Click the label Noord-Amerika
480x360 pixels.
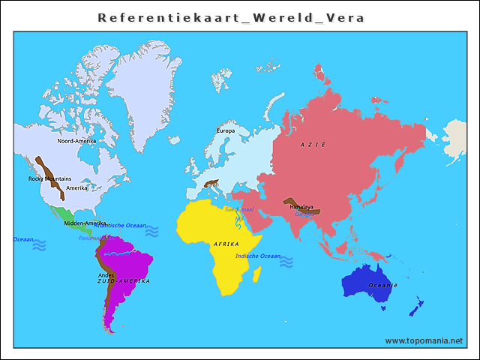tap(76, 140)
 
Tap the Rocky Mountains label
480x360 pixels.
tap(49, 178)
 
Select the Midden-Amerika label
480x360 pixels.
tap(85, 223)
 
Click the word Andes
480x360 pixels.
tap(106, 274)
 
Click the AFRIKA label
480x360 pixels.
tap(226, 244)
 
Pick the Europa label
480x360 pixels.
tap(226, 130)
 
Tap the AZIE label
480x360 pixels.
tap(313, 144)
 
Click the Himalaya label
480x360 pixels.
tap(301, 207)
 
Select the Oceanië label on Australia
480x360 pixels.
tap(382, 286)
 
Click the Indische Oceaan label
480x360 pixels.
tap(257, 256)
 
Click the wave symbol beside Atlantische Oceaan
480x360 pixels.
tap(152, 232)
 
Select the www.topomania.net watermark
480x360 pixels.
tap(424, 340)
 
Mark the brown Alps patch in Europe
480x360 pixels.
tap(211, 183)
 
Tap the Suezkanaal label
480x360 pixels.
tap(239, 209)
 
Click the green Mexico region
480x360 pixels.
tap(60, 214)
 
